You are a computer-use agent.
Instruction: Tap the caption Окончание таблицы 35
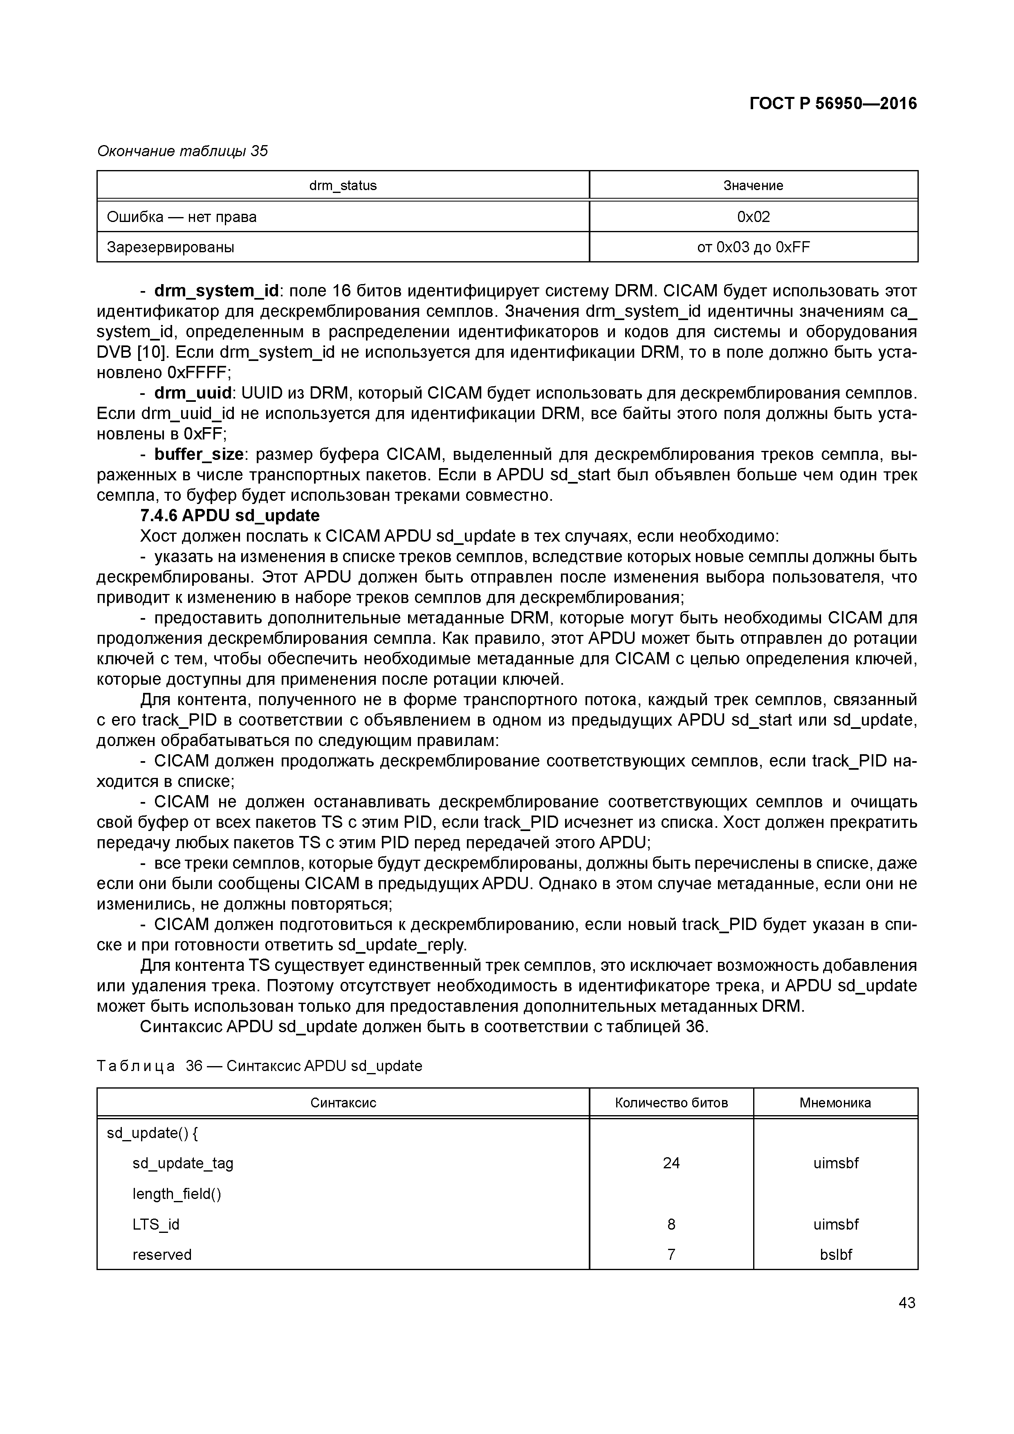[x=182, y=151]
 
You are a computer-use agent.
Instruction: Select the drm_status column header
[x=343, y=186]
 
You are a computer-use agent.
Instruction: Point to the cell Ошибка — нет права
[x=182, y=217]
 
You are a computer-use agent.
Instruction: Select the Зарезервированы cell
[x=170, y=247]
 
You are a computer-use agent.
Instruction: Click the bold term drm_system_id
[x=216, y=291]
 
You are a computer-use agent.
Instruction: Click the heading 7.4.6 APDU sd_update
[x=229, y=515]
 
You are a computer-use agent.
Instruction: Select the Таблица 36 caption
[x=259, y=1066]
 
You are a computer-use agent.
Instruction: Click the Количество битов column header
[x=671, y=1103]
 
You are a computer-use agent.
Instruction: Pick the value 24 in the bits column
[x=671, y=1163]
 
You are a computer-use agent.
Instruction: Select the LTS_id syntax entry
[x=155, y=1224]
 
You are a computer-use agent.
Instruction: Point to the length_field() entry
[x=177, y=1194]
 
